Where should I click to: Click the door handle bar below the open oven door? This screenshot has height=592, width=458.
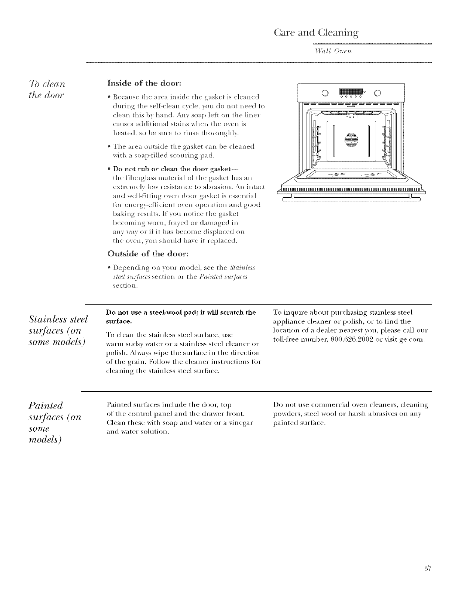click(x=351, y=199)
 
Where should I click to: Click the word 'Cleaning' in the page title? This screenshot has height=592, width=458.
click(x=338, y=33)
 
